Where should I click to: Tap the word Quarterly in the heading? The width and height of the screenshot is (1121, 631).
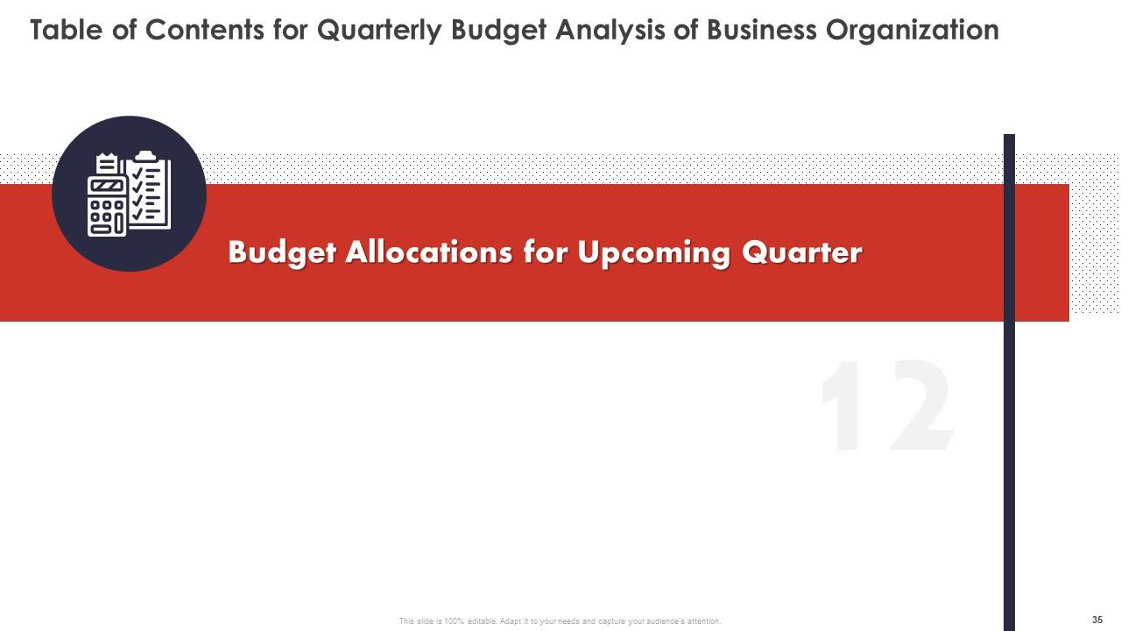coord(377,31)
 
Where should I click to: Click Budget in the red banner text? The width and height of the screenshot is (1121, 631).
coord(282,252)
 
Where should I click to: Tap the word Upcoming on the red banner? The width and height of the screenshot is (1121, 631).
coord(654,252)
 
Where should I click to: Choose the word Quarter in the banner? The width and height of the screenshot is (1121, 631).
coord(802,252)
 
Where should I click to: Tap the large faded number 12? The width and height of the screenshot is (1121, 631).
coord(886,408)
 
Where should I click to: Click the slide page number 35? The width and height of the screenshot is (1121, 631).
coord(1097,620)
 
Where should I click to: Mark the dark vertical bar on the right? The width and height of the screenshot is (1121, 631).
coord(1009,438)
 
